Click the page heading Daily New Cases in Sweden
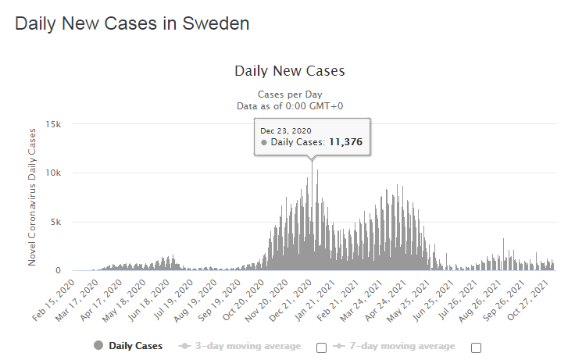(132, 23)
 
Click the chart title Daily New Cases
(290, 71)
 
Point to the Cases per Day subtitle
(290, 94)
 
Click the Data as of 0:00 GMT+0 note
(290, 105)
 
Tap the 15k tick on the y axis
(63, 124)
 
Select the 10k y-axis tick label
(63, 173)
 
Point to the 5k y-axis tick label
(66, 222)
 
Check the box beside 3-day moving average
(320, 348)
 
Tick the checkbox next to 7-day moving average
(476, 348)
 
